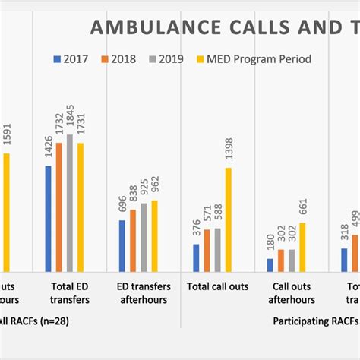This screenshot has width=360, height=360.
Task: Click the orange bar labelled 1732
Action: coord(59,206)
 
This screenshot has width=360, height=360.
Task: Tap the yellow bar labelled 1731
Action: coord(81,206)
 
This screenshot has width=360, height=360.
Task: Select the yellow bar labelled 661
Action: coord(303,246)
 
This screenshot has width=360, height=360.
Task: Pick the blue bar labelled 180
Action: coord(270,264)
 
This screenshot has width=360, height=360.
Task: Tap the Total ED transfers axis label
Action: coord(65,293)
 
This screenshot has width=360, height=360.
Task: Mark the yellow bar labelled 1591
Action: coord(7,212)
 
